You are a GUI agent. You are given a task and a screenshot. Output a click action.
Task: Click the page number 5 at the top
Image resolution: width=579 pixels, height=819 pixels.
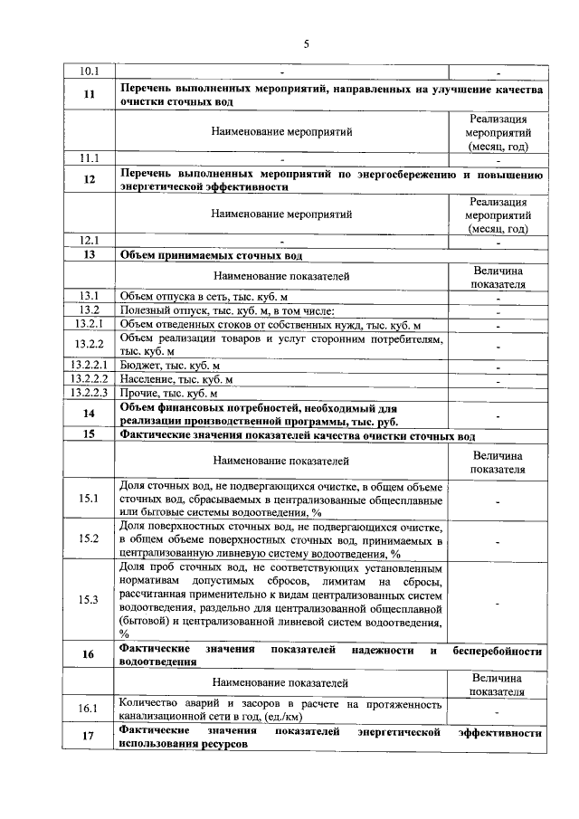[x=306, y=42]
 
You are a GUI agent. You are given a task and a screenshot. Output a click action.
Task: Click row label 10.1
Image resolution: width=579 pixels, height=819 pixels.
[x=90, y=71]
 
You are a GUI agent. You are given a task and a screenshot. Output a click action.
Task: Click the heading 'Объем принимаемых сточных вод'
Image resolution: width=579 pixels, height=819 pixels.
[x=211, y=255]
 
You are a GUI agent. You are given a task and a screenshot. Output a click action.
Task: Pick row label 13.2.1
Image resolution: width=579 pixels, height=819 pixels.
[x=90, y=324]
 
